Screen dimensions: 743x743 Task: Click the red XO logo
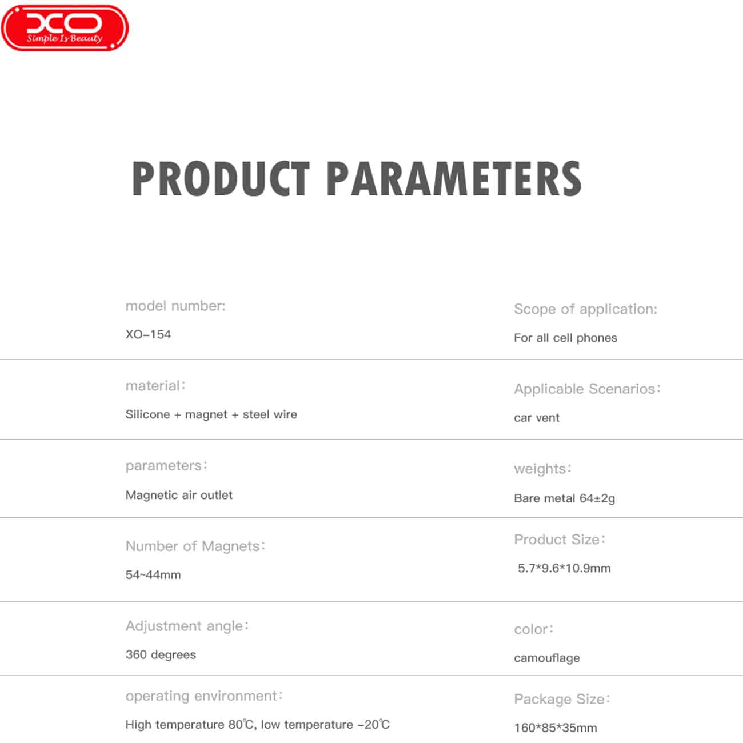pos(65,28)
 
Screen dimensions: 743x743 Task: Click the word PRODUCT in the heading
pos(221,179)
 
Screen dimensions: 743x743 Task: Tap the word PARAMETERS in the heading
pos(454,179)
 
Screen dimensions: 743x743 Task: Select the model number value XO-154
pos(149,334)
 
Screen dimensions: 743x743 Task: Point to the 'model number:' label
pos(176,306)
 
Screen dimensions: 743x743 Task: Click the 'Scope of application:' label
pos(585,309)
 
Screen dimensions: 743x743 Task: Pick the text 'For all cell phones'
pos(565,338)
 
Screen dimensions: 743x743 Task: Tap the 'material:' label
pos(156,386)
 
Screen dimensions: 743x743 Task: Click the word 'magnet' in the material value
pos(206,414)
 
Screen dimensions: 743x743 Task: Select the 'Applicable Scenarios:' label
pos(587,389)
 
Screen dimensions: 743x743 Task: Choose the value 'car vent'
pos(536,418)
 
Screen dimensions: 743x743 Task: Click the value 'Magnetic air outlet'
pos(179,495)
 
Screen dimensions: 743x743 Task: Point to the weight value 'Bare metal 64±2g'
pos(565,498)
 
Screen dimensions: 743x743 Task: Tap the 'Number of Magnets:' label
pos(195,546)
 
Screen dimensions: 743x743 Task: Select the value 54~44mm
pos(153,575)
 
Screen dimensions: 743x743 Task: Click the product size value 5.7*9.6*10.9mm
pos(564,568)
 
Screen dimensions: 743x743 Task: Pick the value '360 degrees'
pos(161,655)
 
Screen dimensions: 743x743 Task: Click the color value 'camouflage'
pos(547,658)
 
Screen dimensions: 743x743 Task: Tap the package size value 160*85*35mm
pos(555,728)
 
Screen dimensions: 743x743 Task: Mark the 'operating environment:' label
pos(205,696)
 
